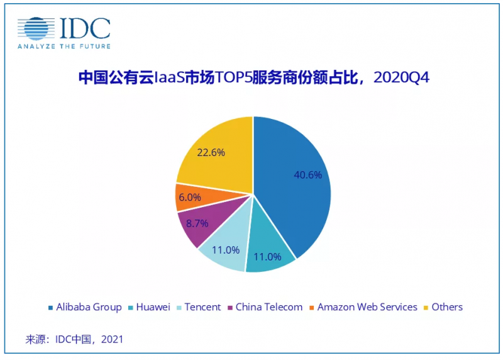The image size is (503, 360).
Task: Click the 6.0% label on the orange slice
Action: pyautogui.click(x=189, y=197)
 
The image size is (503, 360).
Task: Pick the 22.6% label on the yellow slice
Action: pyautogui.click(x=211, y=152)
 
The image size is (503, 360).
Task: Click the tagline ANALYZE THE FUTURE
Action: pyautogui.click(x=64, y=47)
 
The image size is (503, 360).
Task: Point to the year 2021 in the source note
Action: pyautogui.click(x=111, y=339)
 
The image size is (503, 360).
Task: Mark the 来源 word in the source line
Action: pyautogui.click(x=36, y=339)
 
